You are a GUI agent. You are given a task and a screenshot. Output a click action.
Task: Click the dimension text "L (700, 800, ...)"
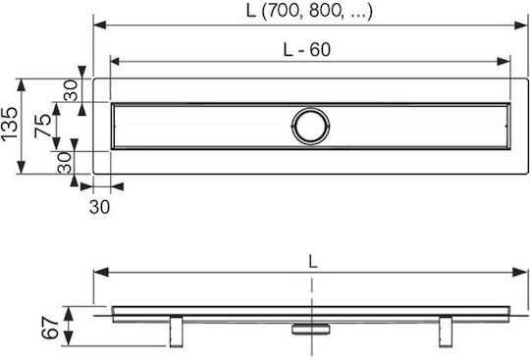pyautogui.click(x=309, y=11)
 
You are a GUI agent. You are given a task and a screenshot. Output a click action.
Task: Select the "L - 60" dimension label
pyautogui.click(x=307, y=50)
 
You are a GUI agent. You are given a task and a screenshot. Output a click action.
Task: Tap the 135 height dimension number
pyautogui.click(x=9, y=124)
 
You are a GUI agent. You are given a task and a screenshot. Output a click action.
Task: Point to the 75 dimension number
pyautogui.click(x=42, y=126)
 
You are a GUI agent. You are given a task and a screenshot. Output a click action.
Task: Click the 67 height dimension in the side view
pyautogui.click(x=50, y=328)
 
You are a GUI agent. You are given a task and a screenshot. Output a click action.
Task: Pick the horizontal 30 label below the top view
pyautogui.click(x=99, y=207)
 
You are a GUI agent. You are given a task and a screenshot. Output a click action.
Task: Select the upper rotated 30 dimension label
pyautogui.click(x=71, y=90)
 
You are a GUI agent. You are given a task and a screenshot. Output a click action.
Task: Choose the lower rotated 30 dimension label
pyautogui.click(x=64, y=163)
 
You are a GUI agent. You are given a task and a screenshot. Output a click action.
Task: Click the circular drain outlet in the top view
pyautogui.click(x=310, y=126)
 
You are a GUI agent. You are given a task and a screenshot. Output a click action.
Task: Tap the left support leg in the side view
pyautogui.click(x=176, y=332)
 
